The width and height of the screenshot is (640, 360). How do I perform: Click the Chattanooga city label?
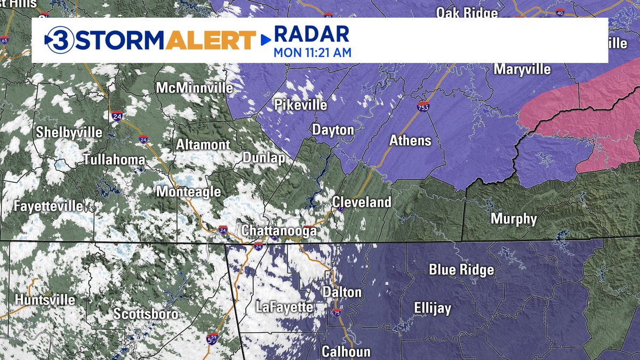pyautogui.click(x=279, y=231)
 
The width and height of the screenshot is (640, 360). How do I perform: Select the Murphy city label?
pyautogui.click(x=514, y=219)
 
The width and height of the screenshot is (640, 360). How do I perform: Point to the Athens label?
pyautogui.click(x=410, y=141)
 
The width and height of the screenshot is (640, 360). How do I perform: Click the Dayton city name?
pyautogui.click(x=333, y=130)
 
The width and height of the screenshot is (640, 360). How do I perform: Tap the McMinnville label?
pyautogui.click(x=195, y=87)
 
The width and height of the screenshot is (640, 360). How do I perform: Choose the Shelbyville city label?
pyautogui.click(x=69, y=133)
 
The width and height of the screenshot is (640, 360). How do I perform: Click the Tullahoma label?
pyautogui.click(x=114, y=159)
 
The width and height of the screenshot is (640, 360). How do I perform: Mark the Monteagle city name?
pyautogui.click(x=188, y=192)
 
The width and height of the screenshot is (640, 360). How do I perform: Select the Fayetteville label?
pyautogui.click(x=49, y=206)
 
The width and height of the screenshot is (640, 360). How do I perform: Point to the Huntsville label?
pyautogui.click(x=45, y=300)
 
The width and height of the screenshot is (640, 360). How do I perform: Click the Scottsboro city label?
pyautogui.click(x=146, y=314)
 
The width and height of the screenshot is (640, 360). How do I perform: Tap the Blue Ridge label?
pyautogui.click(x=461, y=270)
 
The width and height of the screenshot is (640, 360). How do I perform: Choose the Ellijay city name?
pyautogui.click(x=433, y=308)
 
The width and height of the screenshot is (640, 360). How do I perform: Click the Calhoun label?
pyautogui.click(x=346, y=351)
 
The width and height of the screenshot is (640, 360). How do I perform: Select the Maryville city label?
pyautogui.click(x=521, y=69)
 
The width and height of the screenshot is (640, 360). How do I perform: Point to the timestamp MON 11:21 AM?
pyautogui.click(x=313, y=53)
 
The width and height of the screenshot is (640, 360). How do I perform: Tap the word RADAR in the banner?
pyautogui.click(x=311, y=35)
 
